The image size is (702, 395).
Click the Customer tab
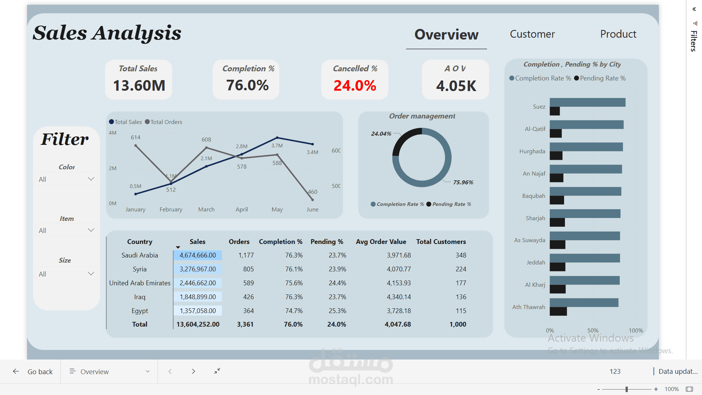[x=532, y=34]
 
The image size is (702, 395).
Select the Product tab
[x=618, y=34]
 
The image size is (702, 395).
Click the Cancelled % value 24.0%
[x=355, y=86]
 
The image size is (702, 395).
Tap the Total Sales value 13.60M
[x=139, y=86]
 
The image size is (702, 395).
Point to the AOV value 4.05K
[x=456, y=86]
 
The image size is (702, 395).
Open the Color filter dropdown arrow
[x=91, y=179]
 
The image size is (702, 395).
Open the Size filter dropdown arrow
[x=91, y=274]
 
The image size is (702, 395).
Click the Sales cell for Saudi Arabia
[x=198, y=255]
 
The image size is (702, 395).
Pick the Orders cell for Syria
[x=249, y=269]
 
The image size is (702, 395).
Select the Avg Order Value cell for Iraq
[x=399, y=297]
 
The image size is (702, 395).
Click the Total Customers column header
[x=441, y=242]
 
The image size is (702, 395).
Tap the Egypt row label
[x=140, y=311]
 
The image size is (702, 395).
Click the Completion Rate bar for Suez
[x=588, y=102]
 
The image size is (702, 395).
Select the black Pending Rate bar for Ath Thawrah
[x=558, y=311]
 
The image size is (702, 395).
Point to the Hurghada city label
[x=532, y=151]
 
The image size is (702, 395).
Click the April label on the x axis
[x=242, y=210]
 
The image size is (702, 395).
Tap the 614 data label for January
[x=136, y=138]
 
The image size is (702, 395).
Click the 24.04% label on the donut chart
[x=381, y=134]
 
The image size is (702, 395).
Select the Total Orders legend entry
[x=163, y=122]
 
